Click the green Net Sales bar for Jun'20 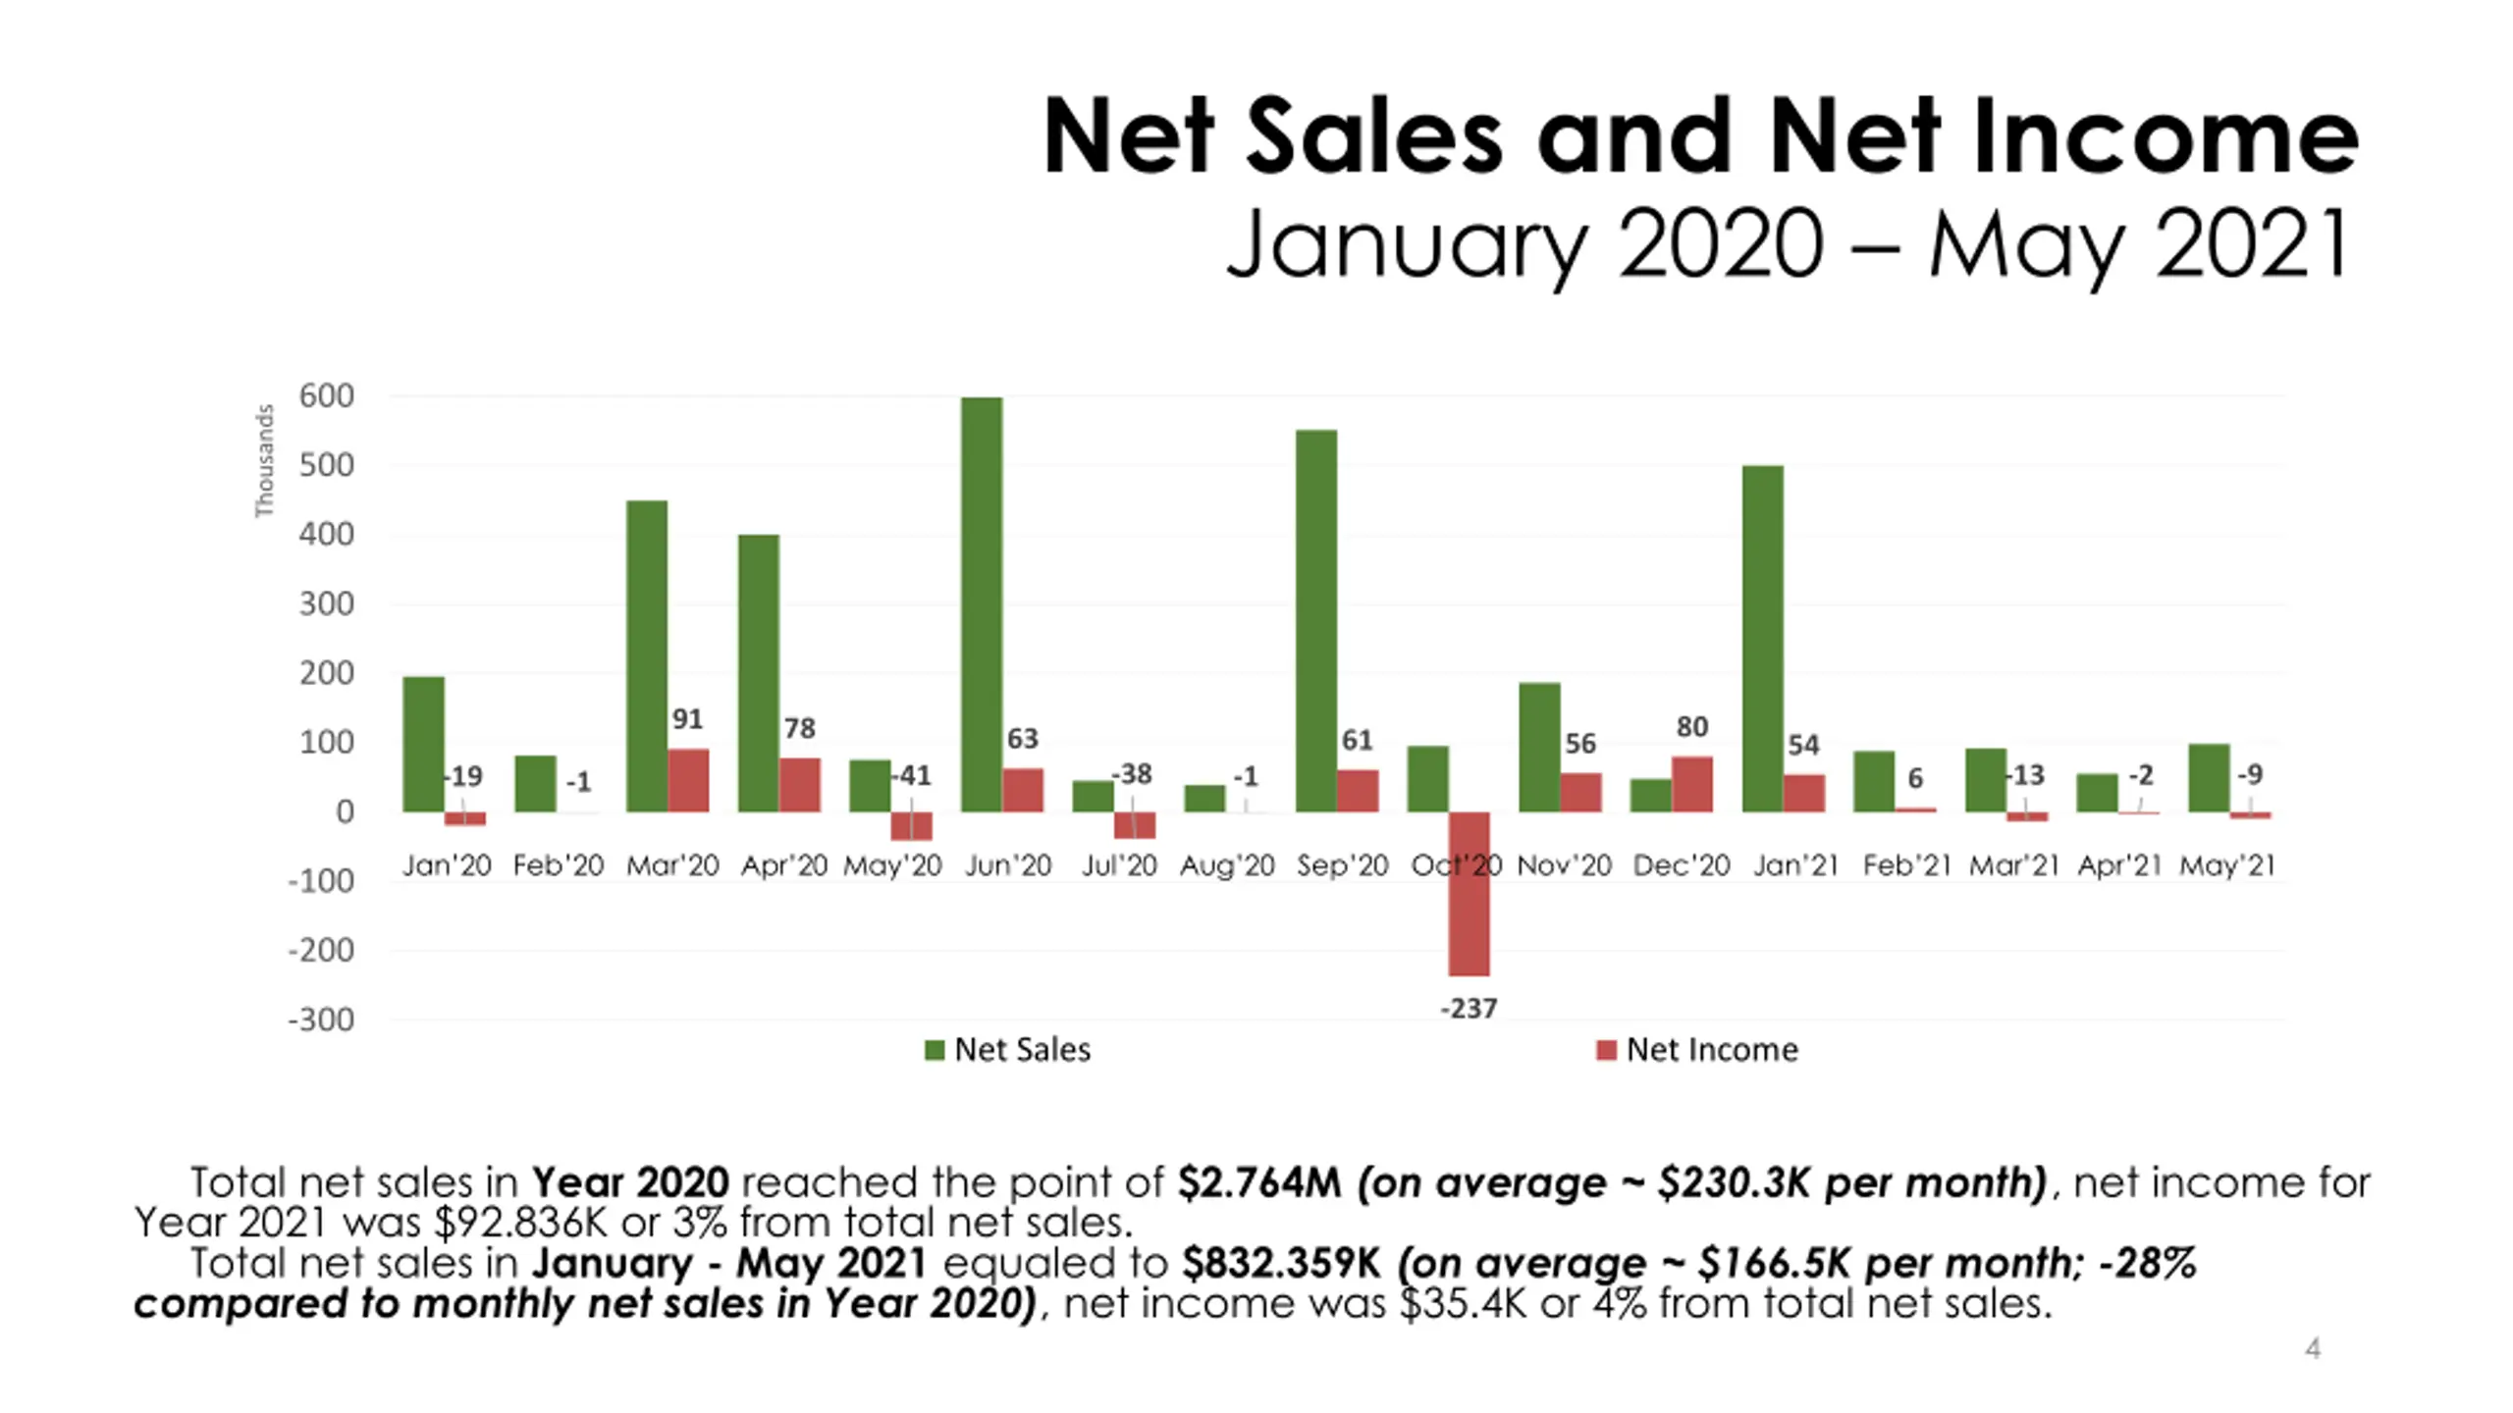[981, 603]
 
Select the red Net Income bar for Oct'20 [1469, 893]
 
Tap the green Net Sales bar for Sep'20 [1315, 620]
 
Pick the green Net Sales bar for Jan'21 [1762, 638]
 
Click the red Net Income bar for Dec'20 [1691, 783]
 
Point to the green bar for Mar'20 [647, 655]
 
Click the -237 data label [1469, 1008]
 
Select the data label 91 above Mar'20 [687, 719]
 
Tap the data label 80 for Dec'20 [1691, 726]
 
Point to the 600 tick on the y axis [326, 396]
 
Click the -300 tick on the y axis [321, 1020]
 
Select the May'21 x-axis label [2226, 865]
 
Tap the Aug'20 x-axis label [1227, 865]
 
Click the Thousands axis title [264, 460]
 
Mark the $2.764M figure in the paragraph [1258, 1182]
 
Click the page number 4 [2313, 1348]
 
